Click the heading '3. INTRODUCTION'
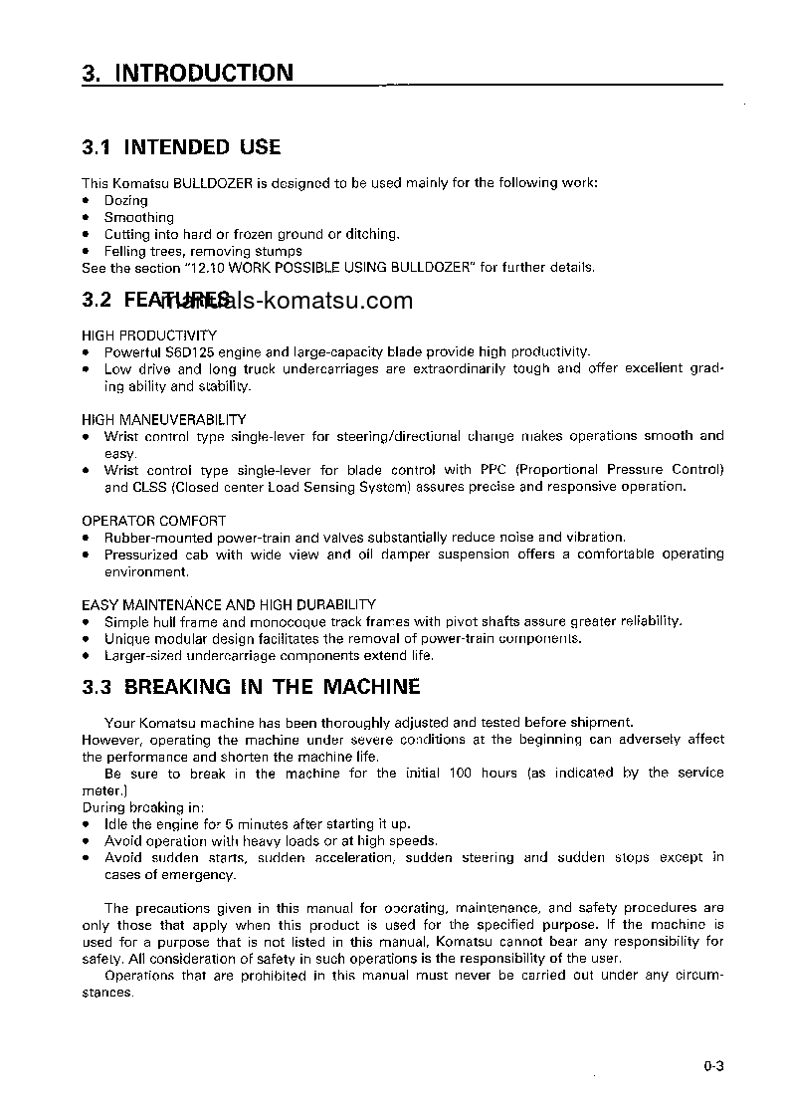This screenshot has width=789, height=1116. coord(187,74)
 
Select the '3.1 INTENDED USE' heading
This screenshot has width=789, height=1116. coord(181,147)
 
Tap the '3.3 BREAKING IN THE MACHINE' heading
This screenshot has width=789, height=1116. coord(251,687)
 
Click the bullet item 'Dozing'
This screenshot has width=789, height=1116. coord(125,200)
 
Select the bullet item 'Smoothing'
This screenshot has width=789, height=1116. coord(138,217)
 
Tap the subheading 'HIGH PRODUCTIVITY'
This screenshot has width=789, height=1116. coord(148,335)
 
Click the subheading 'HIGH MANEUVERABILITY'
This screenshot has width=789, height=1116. coord(163,419)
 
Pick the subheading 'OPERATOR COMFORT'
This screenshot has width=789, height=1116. coord(153,521)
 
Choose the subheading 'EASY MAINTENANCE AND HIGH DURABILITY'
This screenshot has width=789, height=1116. coord(228,604)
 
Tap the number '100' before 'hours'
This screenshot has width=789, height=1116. coord(461,774)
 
